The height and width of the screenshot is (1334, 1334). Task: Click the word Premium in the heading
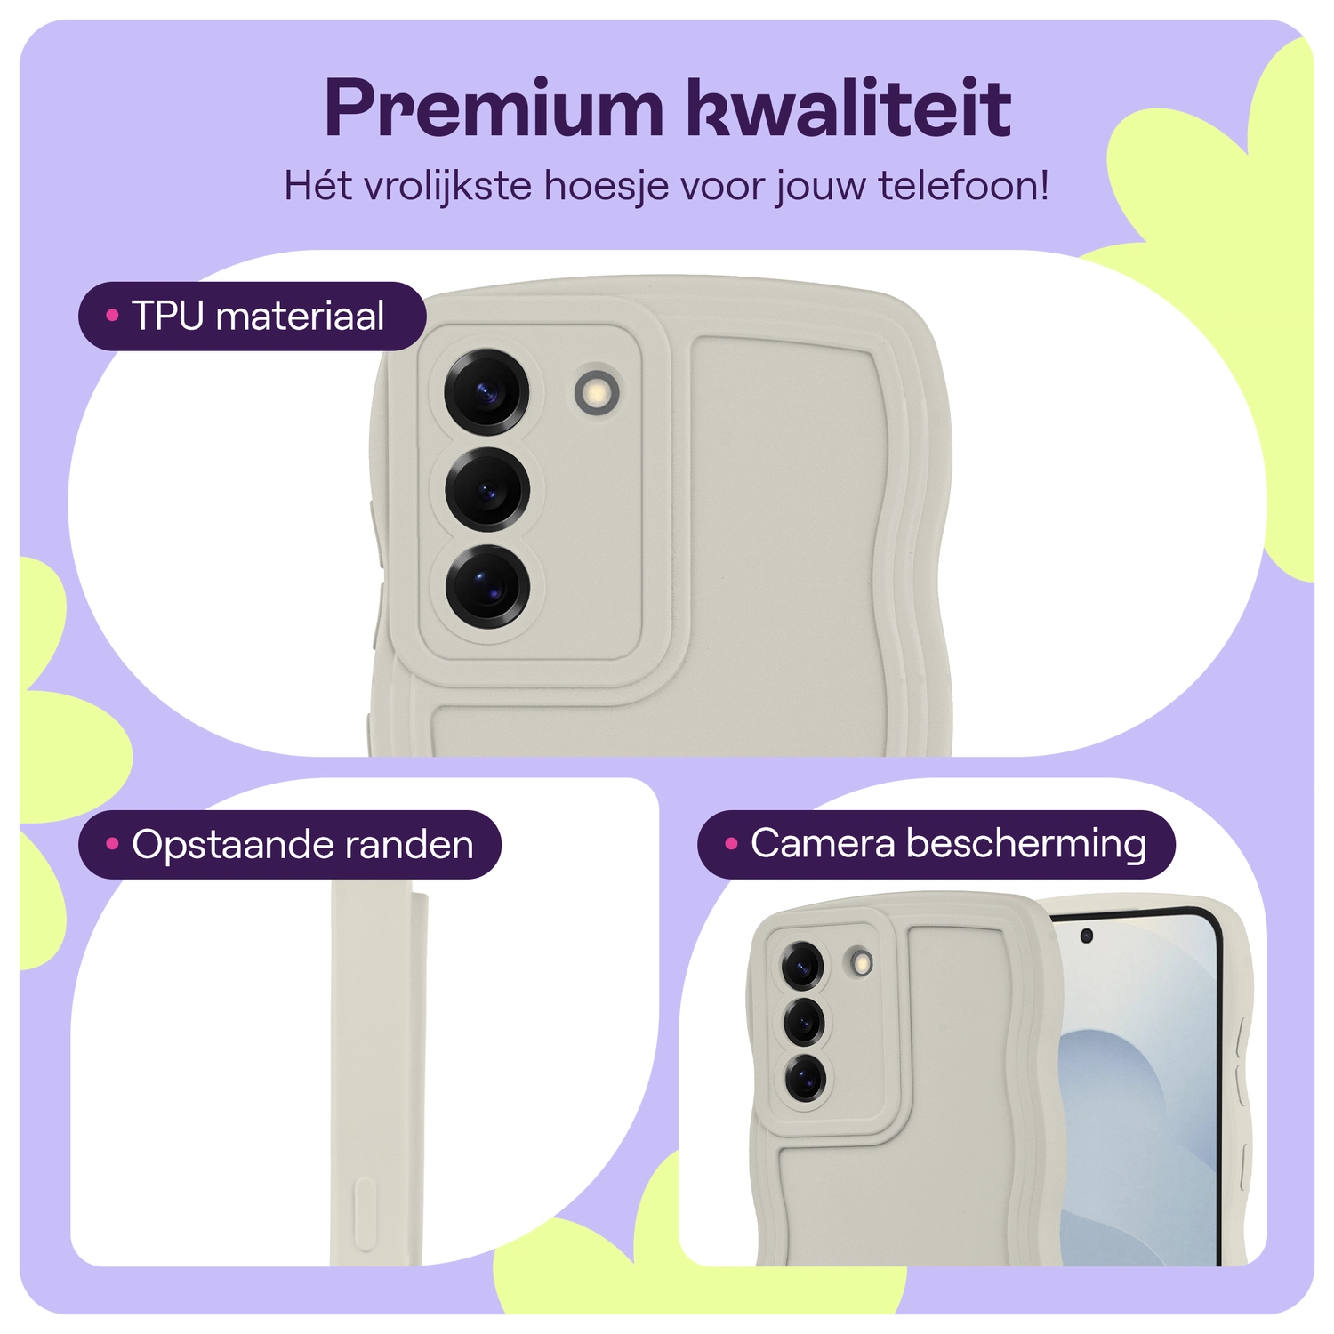[494, 108]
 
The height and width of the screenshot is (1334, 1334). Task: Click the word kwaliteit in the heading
[849, 108]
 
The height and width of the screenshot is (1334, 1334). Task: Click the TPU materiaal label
[253, 316]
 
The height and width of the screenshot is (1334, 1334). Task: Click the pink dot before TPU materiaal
[112, 316]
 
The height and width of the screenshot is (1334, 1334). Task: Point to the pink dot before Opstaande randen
[112, 844]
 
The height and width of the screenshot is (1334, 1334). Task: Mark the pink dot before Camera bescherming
[731, 844]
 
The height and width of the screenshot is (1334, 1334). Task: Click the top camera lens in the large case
[486, 392]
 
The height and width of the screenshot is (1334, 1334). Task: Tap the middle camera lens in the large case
[487, 490]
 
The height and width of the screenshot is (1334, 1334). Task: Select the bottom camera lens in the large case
[487, 587]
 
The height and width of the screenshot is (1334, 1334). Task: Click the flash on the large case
[597, 390]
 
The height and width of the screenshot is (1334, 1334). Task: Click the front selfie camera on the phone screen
[1086, 936]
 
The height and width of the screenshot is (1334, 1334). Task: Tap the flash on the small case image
[860, 961]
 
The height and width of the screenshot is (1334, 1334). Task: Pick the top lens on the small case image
[803, 964]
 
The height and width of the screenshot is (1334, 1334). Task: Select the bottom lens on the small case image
[806, 1080]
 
